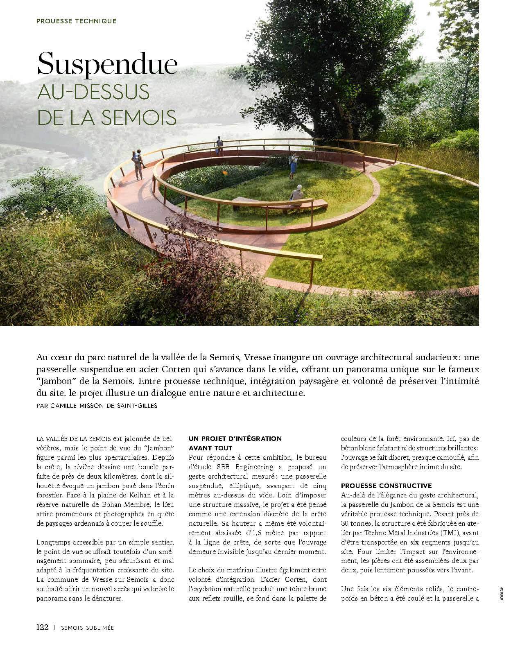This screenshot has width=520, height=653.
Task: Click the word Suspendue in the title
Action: (107, 64)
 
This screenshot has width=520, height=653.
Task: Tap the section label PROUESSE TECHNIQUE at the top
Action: (76, 21)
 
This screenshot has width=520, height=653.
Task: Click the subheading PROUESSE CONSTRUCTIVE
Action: (386, 486)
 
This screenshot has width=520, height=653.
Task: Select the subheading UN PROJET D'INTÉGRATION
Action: (235, 438)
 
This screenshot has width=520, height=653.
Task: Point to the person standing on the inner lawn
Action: (293, 165)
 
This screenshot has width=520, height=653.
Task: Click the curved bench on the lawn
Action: (278, 204)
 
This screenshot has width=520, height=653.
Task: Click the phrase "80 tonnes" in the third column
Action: (356, 523)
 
